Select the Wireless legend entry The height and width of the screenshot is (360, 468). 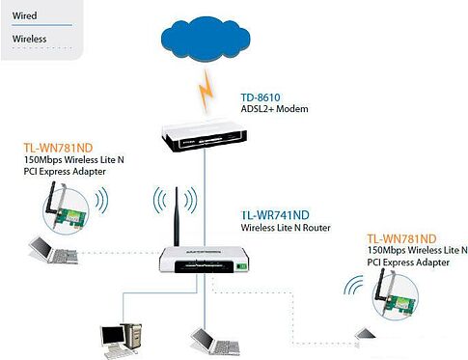coord(29,40)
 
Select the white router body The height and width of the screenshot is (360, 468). coord(198,260)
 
